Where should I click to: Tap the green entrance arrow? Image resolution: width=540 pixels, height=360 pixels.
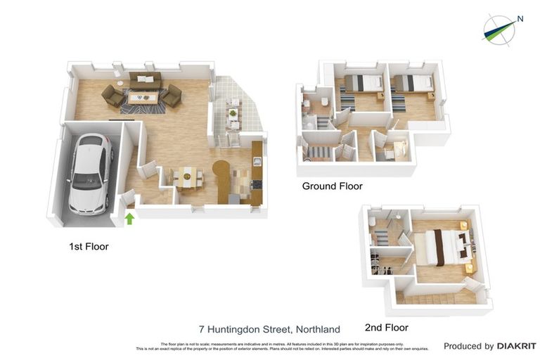point(129,219)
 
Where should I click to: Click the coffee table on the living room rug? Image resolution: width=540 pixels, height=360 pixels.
point(142,98)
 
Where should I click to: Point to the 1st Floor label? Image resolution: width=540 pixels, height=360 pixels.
point(89,247)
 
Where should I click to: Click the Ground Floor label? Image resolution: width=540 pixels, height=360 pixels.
point(332,186)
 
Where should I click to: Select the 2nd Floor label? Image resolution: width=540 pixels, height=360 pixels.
point(386,328)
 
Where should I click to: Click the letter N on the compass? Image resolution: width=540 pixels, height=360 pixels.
point(520,19)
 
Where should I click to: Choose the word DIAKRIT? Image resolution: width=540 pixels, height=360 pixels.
point(517,346)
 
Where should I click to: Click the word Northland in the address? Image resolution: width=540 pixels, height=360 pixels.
point(318,329)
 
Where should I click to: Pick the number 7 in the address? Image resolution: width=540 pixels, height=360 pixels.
point(202,329)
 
